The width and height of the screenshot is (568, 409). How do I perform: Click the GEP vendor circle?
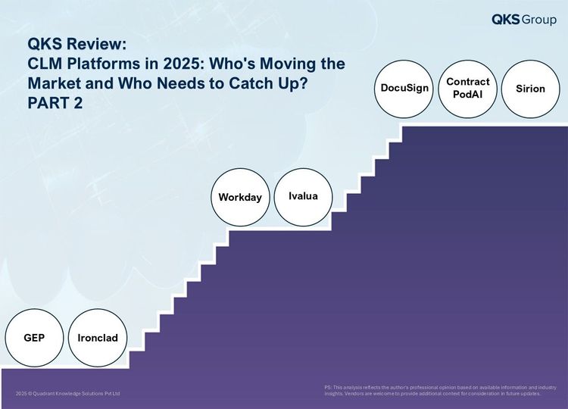[34, 338]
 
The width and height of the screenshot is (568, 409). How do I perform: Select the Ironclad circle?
[98, 338]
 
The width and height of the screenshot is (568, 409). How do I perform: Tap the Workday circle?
[240, 198]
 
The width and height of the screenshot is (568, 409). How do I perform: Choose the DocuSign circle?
[404, 89]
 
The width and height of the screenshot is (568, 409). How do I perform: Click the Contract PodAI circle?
[468, 89]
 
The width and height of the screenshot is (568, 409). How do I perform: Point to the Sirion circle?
[531, 89]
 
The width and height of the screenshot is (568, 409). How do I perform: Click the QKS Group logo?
[524, 20]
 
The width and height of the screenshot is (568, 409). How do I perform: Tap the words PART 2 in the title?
[55, 103]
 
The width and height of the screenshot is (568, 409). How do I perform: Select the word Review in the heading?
[97, 44]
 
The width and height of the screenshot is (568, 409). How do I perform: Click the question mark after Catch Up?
[303, 83]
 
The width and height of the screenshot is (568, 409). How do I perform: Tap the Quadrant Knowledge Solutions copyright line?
[67, 393]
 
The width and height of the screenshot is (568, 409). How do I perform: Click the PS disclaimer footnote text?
[440, 391]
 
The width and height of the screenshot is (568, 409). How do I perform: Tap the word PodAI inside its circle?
[468, 95]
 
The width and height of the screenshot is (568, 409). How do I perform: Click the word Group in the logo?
[539, 20]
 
